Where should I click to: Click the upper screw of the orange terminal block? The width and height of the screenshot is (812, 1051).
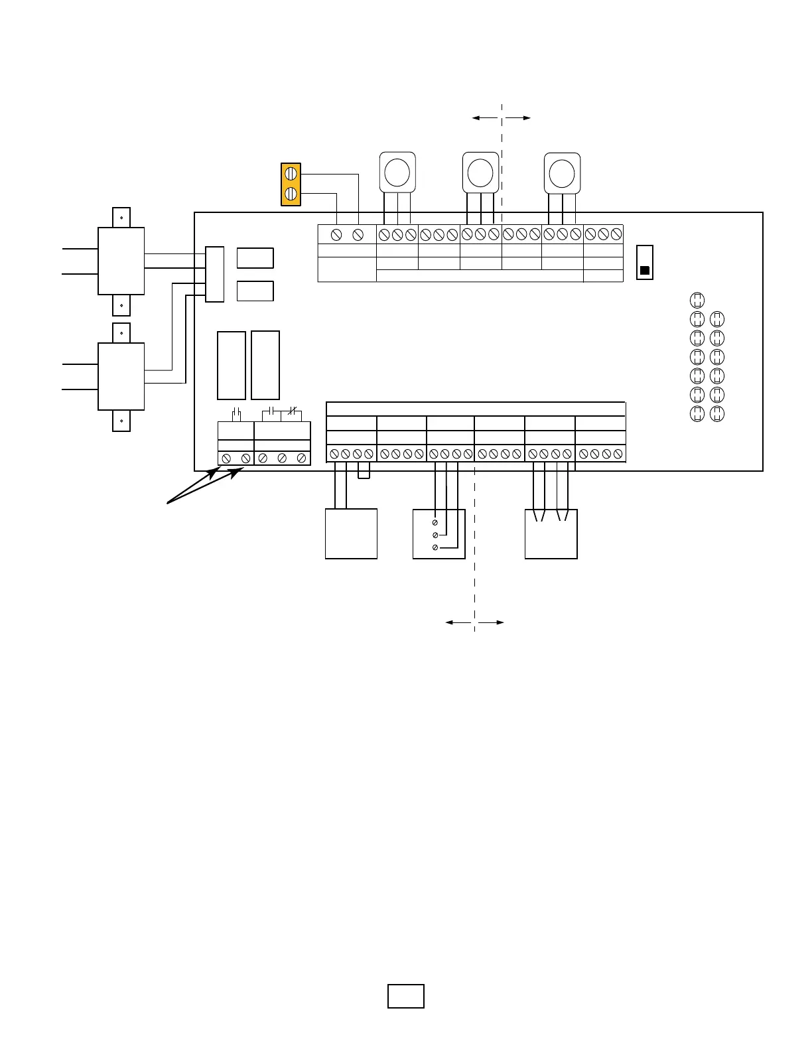click(x=291, y=173)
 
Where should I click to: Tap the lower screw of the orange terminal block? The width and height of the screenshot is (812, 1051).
click(x=291, y=194)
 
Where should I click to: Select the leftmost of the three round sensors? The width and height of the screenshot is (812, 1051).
click(x=397, y=172)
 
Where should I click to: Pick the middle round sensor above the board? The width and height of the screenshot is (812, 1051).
click(x=480, y=173)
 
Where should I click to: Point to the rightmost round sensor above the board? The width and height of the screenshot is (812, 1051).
click(x=562, y=173)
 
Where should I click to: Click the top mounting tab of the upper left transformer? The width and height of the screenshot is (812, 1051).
click(x=121, y=218)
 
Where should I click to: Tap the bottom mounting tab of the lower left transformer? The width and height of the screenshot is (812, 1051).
click(x=121, y=421)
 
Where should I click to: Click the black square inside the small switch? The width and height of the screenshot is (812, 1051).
click(x=644, y=271)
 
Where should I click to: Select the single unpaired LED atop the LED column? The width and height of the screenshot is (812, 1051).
click(x=697, y=299)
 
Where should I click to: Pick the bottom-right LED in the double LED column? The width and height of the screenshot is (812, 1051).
click(x=717, y=414)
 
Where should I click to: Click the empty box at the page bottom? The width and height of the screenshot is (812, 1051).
click(x=406, y=996)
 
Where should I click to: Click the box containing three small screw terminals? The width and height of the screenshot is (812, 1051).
click(x=439, y=533)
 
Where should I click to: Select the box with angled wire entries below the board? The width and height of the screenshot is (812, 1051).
click(x=551, y=533)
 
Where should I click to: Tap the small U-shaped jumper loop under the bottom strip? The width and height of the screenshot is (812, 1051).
click(x=364, y=471)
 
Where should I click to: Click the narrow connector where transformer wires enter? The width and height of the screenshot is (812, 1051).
click(x=214, y=274)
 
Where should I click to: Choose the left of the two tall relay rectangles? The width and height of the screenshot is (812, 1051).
click(x=232, y=366)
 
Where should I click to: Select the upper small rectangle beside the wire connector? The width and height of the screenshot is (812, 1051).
click(x=255, y=258)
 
